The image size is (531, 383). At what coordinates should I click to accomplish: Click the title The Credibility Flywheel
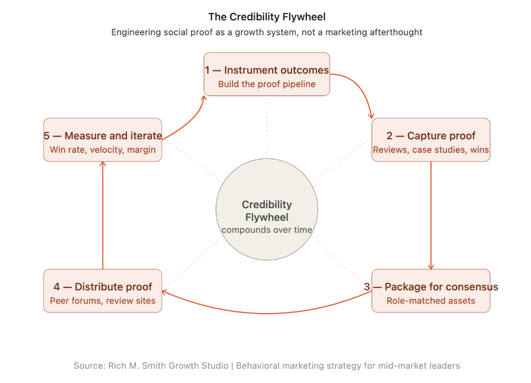tap(267, 17)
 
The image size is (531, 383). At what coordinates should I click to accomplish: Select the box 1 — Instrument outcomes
tap(267, 74)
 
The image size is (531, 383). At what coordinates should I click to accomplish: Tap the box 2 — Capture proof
tap(431, 140)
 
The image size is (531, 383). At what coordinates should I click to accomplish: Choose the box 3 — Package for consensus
tap(431, 291)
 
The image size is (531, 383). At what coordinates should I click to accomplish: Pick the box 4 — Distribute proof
tap(102, 291)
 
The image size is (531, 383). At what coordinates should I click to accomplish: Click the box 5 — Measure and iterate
tap(102, 140)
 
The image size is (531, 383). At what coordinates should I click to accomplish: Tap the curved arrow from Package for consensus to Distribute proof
tap(267, 313)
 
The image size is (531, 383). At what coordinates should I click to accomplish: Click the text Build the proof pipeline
tap(267, 84)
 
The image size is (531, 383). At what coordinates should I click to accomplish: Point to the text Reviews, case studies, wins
tap(431, 150)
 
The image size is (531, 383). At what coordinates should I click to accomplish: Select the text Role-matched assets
tap(431, 301)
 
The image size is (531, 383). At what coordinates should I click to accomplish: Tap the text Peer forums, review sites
tap(102, 301)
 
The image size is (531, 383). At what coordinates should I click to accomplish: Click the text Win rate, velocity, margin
tap(102, 150)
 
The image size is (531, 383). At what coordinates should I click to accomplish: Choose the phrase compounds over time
tap(267, 230)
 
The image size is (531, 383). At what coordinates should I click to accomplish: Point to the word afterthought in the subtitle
tap(395, 32)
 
